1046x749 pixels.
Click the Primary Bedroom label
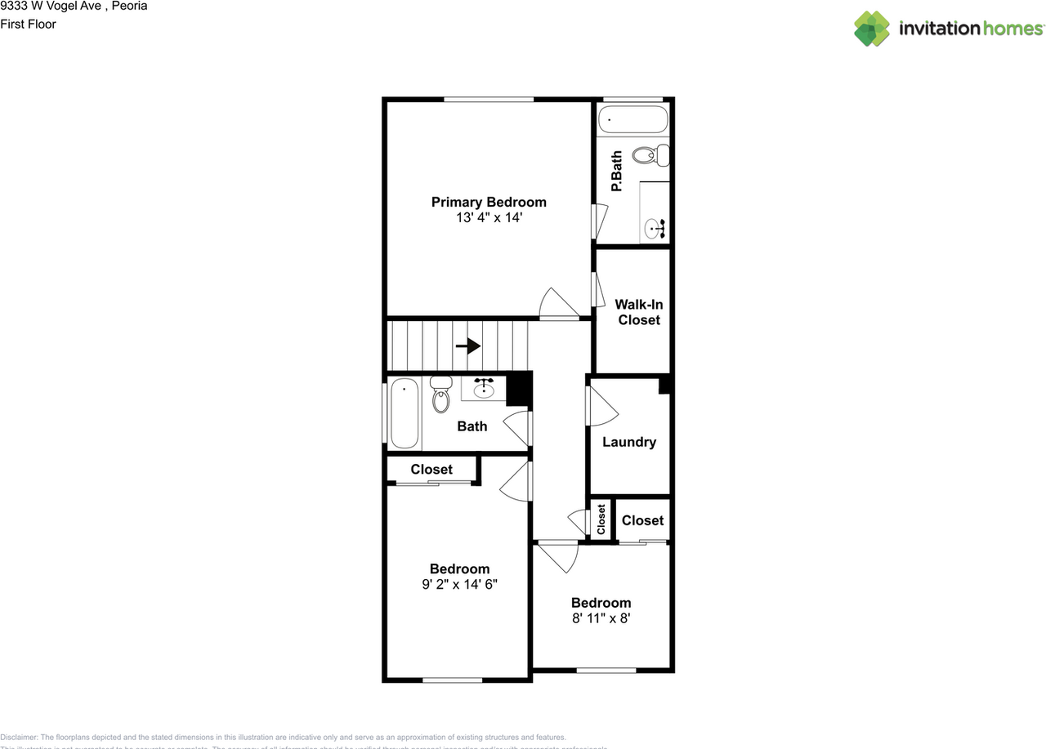tap(489, 202)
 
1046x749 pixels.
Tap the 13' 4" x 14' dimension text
tap(489, 218)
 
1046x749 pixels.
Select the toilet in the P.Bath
tap(653, 154)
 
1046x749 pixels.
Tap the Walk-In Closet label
tap(639, 312)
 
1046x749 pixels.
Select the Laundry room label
tap(629, 442)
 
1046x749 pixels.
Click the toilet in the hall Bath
tap(441, 395)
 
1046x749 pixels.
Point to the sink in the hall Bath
tap(485, 388)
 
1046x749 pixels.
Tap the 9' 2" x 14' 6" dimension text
tap(460, 585)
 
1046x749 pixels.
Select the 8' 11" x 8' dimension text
tap(601, 618)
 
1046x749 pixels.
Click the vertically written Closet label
tap(601, 519)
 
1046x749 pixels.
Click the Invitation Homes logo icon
tap(872, 29)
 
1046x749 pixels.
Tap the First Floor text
tap(29, 24)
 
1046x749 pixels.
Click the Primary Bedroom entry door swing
tap(558, 305)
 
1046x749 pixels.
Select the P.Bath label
tap(617, 172)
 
